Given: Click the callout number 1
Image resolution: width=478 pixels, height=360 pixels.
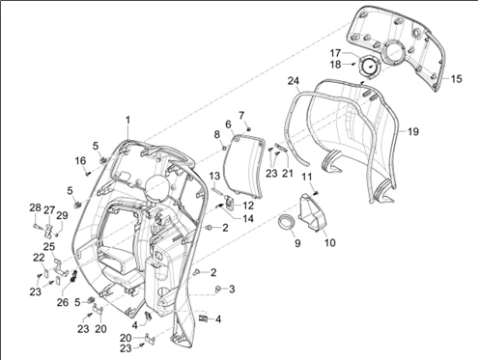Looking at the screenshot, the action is pyautogui.click(x=127, y=121).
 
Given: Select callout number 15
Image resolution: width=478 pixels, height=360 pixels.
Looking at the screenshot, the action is pyautogui.click(x=456, y=79).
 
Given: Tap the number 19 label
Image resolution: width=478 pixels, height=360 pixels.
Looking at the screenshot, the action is pyautogui.click(x=413, y=131).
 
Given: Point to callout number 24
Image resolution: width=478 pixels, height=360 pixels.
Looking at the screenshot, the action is pyautogui.click(x=294, y=81).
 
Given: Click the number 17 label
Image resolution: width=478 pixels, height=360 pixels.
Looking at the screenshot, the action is pyautogui.click(x=335, y=53).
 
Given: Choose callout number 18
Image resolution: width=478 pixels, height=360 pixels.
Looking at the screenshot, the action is pyautogui.click(x=335, y=65).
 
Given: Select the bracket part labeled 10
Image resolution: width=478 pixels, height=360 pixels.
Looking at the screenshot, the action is pyautogui.click(x=313, y=211).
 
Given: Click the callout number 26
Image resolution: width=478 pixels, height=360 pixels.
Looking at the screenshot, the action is pyautogui.click(x=63, y=302).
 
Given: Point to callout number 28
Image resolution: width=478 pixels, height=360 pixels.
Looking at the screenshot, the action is pyautogui.click(x=35, y=208).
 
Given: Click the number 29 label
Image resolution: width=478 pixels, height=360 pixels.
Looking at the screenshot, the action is pyautogui.click(x=62, y=215).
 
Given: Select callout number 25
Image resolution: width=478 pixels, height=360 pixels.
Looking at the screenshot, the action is pyautogui.click(x=49, y=247).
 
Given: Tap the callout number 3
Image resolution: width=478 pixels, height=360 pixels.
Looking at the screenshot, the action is pyautogui.click(x=232, y=290).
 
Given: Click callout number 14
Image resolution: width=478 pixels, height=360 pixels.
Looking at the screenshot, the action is pyautogui.click(x=248, y=219).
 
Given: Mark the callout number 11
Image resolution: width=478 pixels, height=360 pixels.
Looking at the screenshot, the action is pyautogui.click(x=307, y=178).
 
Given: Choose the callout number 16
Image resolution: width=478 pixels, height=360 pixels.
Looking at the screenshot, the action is pyautogui.click(x=80, y=160).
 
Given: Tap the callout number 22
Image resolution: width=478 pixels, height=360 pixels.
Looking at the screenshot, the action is pyautogui.click(x=39, y=258).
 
